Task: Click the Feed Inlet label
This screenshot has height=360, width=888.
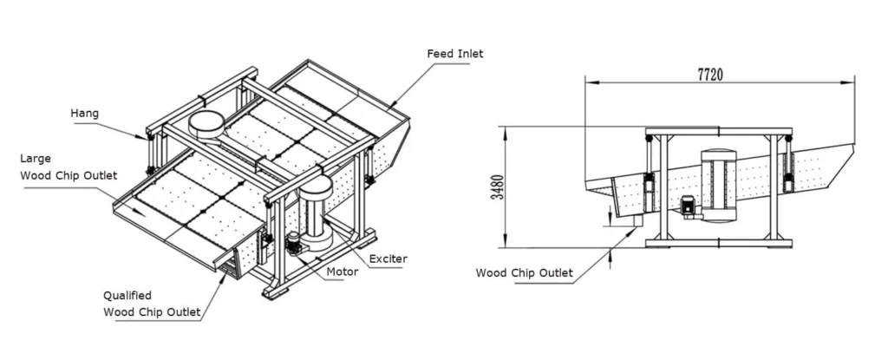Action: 454,54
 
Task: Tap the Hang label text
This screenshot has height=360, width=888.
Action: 85,113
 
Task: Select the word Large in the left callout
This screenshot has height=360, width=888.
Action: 36,159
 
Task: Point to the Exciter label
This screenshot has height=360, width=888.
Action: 388,259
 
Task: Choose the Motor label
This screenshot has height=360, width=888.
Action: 343,272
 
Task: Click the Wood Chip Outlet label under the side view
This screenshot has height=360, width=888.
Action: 524,273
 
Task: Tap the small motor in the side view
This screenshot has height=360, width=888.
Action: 689,206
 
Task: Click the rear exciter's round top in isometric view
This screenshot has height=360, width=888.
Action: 207,121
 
